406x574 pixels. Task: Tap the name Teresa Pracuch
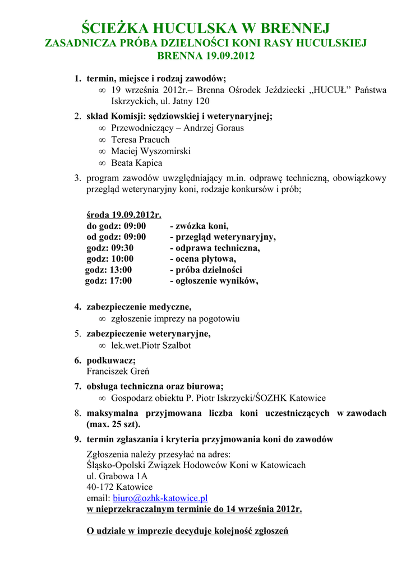point(140,140)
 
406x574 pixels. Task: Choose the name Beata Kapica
point(136,163)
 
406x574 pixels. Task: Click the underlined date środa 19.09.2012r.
point(124,215)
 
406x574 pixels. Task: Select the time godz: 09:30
point(110,248)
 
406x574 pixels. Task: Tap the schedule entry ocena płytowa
point(203,259)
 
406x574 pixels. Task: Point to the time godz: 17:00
point(108,281)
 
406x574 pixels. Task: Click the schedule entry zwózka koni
point(199,226)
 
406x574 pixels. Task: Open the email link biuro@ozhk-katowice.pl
point(160,498)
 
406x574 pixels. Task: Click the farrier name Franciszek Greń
point(118,371)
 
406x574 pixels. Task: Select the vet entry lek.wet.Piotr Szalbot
point(151,345)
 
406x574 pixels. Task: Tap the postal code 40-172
point(100,487)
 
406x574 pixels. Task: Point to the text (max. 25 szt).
point(113,424)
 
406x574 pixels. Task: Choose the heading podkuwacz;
point(110,360)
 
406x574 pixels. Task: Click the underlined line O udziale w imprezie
point(187,531)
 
